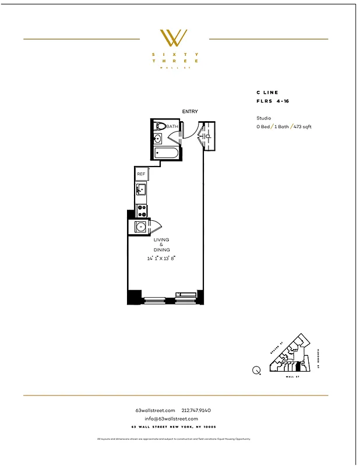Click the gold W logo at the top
pos(174,38)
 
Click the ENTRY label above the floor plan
pos(190,111)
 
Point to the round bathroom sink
pos(157,139)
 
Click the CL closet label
pos(208,136)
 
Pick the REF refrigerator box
pos(141,174)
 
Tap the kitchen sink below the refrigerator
pos(140,190)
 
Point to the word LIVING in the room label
pos(161,239)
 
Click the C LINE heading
pos(267,93)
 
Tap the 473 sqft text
pos(303,126)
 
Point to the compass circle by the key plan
pos(256,370)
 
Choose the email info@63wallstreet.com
pos(171,419)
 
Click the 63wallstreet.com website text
pos(155,411)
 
